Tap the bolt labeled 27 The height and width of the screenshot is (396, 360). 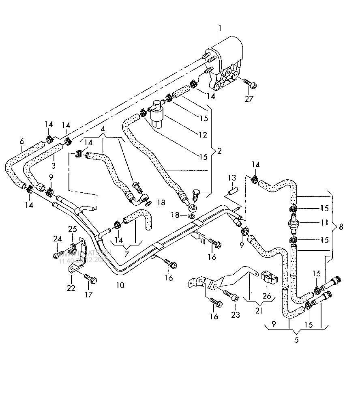pos(249,83)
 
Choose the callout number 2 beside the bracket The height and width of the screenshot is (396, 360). pos(219,151)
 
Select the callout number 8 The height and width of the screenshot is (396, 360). pos(341,227)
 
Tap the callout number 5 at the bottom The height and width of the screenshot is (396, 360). pos(296,340)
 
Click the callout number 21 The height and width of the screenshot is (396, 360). pos(259,311)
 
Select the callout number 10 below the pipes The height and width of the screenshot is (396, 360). pos(120,285)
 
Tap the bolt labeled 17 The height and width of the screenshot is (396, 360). pos(90,280)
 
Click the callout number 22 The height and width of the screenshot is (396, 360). pos(71,288)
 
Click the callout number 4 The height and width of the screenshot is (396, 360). pos(103,129)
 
